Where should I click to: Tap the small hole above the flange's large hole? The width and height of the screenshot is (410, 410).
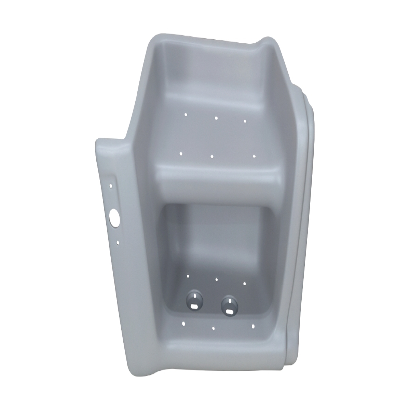point(110,186)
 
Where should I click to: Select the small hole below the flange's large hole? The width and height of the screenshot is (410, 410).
point(118,243)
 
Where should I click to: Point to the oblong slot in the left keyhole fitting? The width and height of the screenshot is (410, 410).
point(194,306)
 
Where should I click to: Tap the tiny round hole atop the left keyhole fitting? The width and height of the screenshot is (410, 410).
point(194,296)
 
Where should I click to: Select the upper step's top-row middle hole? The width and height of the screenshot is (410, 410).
point(216,118)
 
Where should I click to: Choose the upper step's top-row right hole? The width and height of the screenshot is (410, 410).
point(245,121)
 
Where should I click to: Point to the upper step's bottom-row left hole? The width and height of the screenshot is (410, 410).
point(181,153)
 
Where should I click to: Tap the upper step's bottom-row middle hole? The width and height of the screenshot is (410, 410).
point(212,156)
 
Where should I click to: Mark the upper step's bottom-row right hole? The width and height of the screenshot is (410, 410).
point(254,156)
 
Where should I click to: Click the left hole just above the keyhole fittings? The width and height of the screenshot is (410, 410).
point(188,275)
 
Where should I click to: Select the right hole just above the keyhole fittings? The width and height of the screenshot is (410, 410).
point(245,283)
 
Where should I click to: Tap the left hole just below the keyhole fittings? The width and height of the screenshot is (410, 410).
point(184,323)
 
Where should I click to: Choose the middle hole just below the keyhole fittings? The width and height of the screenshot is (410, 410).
point(213,328)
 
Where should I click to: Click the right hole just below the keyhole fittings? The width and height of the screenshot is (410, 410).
point(253,327)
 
